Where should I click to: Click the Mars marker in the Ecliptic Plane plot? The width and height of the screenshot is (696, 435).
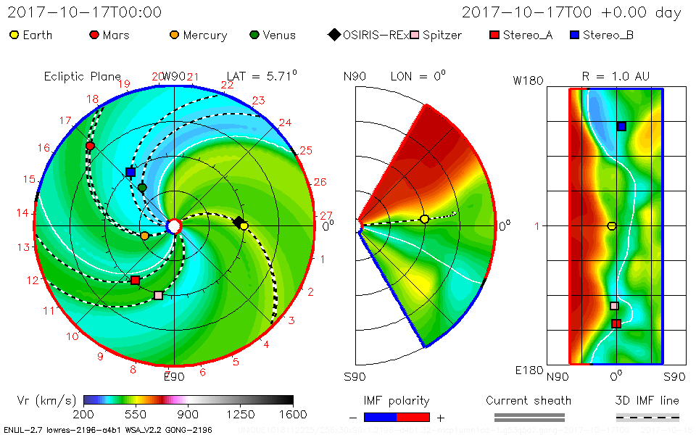(90, 146)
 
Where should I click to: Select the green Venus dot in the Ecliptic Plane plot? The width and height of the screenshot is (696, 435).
(142, 188)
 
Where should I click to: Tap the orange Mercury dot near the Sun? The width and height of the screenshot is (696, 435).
(144, 236)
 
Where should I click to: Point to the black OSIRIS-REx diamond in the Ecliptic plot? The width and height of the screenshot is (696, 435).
(238, 222)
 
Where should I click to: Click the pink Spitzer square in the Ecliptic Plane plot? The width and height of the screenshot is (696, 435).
(158, 295)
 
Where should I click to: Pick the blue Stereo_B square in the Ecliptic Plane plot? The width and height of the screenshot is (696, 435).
(130, 172)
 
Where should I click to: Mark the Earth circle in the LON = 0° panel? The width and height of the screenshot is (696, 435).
(424, 219)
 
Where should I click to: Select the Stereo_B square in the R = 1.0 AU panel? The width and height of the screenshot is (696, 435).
(621, 126)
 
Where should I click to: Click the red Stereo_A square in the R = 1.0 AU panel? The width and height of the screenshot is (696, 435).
(616, 323)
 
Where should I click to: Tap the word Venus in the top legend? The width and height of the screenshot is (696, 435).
(279, 35)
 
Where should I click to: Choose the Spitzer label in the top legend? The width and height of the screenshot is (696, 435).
(442, 35)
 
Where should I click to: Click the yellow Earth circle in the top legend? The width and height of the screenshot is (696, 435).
(14, 35)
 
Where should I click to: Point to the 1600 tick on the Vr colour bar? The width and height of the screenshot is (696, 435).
(293, 414)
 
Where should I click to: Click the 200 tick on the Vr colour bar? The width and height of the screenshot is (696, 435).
(84, 414)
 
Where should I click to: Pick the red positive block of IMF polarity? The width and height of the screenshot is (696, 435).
(413, 417)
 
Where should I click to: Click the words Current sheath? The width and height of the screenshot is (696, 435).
(529, 400)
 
